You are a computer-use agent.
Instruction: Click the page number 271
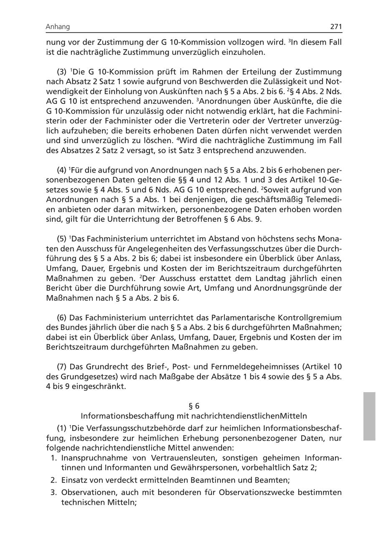(x=336, y=27)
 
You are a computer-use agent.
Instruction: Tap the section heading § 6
(x=194, y=406)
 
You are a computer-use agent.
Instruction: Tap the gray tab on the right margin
(x=369, y=416)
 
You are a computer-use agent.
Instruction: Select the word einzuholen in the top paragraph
(x=244, y=52)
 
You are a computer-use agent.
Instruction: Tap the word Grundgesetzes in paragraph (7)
(x=80, y=377)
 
